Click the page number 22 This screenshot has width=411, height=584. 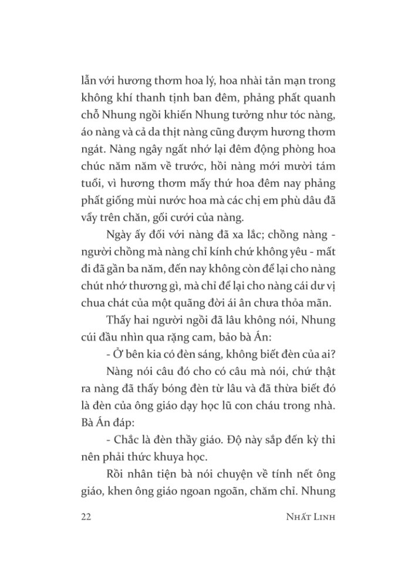pyautogui.click(x=83, y=518)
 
